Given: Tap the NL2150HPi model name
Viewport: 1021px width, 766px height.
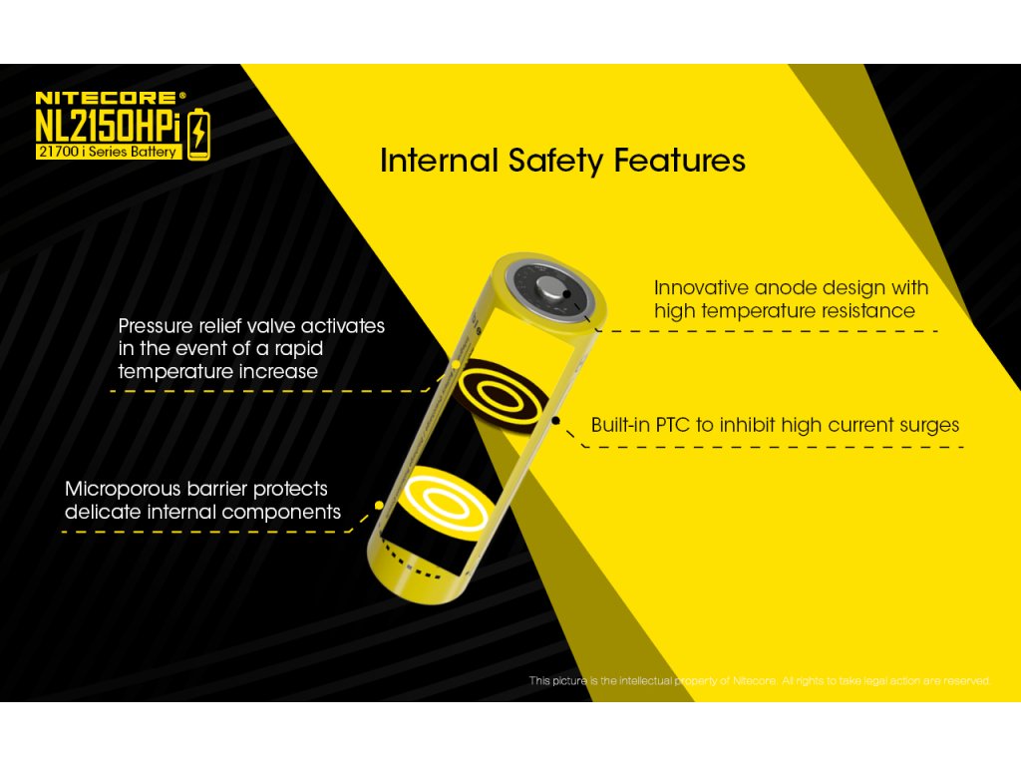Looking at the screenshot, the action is [x=108, y=126].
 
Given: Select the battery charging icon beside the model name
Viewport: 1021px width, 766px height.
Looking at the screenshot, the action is [x=198, y=135].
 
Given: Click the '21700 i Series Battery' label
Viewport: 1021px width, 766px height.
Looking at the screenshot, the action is [x=108, y=152].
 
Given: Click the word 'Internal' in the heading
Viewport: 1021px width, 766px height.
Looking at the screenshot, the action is [x=439, y=161].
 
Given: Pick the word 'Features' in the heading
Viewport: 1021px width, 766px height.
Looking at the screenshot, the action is [x=679, y=161].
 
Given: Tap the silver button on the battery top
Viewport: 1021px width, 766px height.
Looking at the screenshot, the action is [x=551, y=286].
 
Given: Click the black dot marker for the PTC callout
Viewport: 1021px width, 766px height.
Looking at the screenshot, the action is [x=555, y=421].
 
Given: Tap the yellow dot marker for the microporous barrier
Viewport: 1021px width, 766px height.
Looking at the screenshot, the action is [x=379, y=506].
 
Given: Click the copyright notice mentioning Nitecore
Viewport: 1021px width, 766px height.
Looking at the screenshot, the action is [x=759, y=681].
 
